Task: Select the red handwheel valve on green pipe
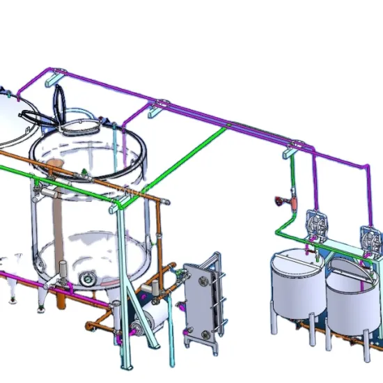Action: (279, 202)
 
